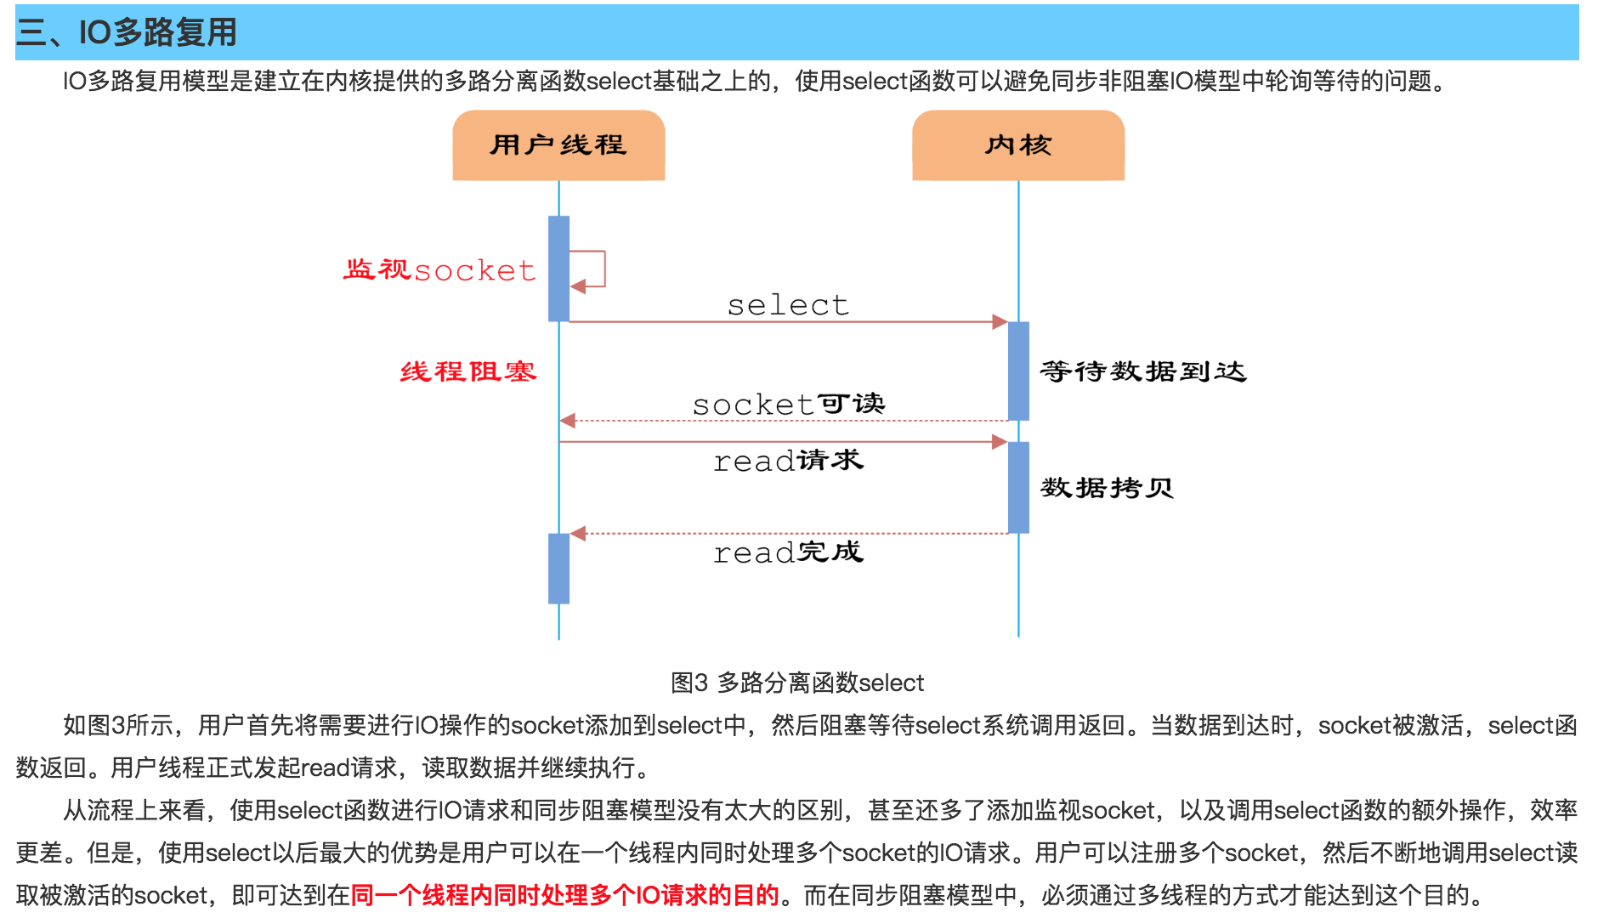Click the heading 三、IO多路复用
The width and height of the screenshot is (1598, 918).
tap(127, 32)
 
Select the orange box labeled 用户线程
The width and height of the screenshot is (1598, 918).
tap(558, 145)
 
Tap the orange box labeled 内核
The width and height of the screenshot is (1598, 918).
tap(1018, 145)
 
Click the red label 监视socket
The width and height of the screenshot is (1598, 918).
tap(439, 270)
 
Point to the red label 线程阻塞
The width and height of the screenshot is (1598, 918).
tap(468, 371)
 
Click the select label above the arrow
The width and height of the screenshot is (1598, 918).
tap(788, 305)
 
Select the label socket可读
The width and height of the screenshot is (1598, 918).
tap(788, 404)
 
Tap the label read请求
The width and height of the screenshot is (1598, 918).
tap(788, 461)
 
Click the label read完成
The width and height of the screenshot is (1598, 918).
tap(788, 552)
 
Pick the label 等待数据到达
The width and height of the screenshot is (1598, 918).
tap(1142, 371)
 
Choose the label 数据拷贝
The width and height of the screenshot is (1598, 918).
tap(1107, 488)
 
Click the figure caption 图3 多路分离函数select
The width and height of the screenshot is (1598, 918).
tap(796, 683)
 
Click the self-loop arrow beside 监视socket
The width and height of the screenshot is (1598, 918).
tap(593, 269)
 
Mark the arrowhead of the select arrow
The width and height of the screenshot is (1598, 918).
tap(1000, 322)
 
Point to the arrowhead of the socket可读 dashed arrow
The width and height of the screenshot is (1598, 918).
tap(568, 421)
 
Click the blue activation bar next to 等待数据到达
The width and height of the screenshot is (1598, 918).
tap(1018, 371)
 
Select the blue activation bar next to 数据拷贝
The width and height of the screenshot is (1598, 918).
tap(1018, 487)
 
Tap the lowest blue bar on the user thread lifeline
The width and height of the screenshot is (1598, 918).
tap(558, 568)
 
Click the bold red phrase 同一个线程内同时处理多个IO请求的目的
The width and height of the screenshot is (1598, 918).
tap(564, 895)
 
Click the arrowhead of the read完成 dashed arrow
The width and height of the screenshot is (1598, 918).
tap(579, 534)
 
